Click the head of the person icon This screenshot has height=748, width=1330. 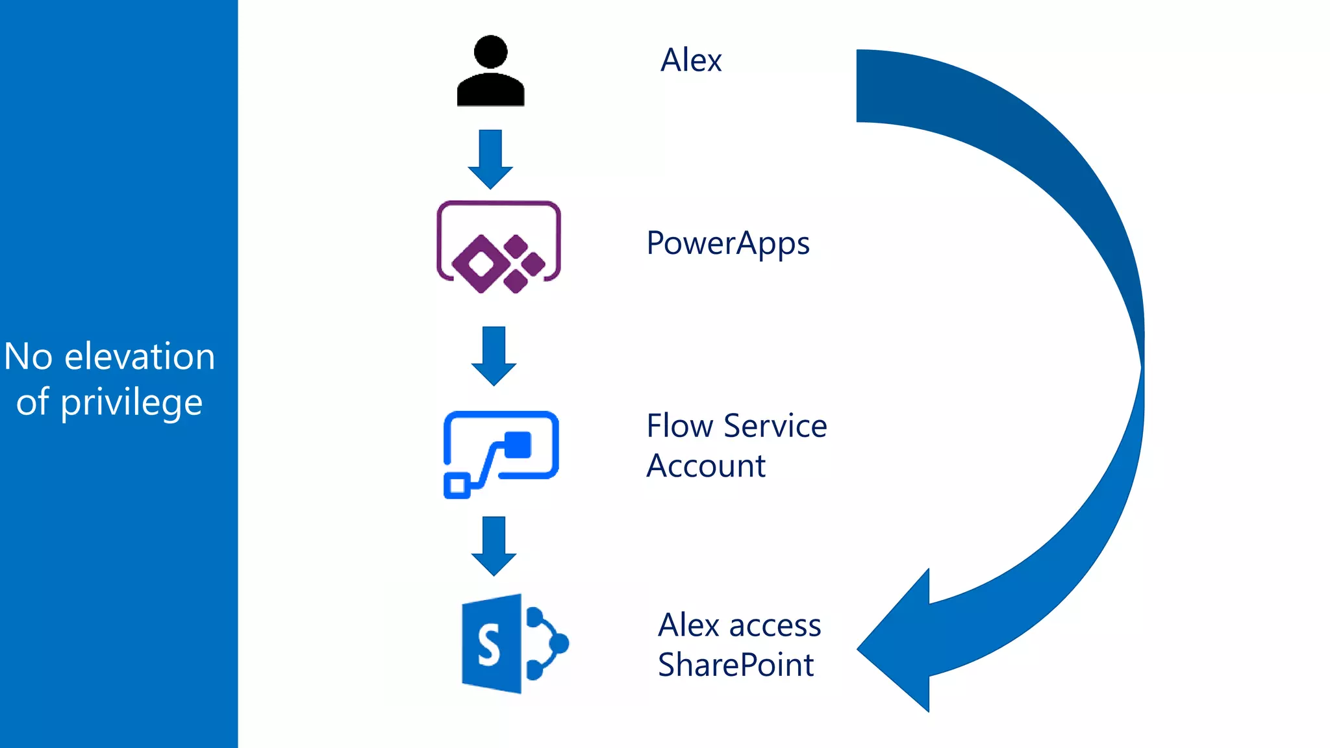490,51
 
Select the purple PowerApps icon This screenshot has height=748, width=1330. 499,247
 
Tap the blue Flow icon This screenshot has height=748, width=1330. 501,454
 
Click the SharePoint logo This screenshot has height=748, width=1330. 514,643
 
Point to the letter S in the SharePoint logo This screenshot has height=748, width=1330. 489,645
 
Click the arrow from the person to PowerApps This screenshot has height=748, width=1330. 490,159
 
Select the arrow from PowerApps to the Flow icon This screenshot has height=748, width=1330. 494,356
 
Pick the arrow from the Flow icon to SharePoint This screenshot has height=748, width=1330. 494,545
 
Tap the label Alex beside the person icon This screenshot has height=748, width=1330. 690,60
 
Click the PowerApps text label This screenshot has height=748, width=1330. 727,244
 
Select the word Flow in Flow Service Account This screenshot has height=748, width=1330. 680,426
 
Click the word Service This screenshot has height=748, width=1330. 775,426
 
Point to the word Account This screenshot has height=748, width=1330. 706,466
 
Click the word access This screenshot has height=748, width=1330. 775,625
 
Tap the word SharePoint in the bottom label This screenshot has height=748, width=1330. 735,665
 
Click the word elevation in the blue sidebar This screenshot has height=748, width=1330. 140,356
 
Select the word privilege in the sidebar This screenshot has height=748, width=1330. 131,403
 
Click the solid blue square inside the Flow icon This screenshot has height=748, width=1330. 518,445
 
